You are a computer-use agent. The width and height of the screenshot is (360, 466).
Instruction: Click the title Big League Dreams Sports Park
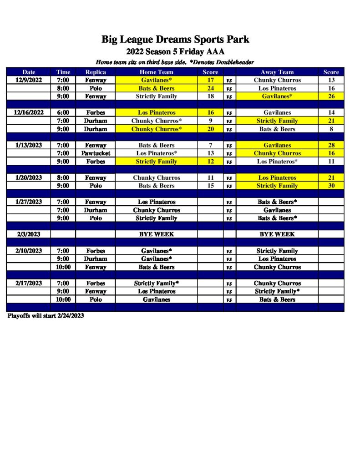175,39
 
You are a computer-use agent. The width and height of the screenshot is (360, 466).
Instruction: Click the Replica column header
96,72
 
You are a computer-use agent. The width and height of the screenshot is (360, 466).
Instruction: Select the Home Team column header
156,72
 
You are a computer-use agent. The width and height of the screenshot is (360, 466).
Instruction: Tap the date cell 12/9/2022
29,80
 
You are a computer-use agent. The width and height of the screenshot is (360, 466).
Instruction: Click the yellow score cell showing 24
210,88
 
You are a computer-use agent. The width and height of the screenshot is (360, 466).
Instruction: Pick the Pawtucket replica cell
96,153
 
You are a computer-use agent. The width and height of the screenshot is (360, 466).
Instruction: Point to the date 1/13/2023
29,145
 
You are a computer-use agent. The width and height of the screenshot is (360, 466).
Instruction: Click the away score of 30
331,186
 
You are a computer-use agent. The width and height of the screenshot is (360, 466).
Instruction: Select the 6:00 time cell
63,112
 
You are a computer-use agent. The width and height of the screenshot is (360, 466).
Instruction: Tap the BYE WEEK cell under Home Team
156,234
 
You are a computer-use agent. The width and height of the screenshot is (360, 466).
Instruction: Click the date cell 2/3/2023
29,234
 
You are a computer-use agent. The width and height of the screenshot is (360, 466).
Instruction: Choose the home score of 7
210,145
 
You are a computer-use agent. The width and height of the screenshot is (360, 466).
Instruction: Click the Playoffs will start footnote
46,315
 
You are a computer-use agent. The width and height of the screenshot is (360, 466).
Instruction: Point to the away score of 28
331,145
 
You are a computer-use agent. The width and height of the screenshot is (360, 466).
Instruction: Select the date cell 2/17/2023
29,283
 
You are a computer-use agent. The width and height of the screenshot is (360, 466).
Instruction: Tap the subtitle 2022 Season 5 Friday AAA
175,51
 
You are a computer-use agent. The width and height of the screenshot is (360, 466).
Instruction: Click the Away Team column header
277,72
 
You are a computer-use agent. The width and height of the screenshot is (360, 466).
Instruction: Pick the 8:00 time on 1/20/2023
63,178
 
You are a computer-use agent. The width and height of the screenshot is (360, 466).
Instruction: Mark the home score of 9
210,121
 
